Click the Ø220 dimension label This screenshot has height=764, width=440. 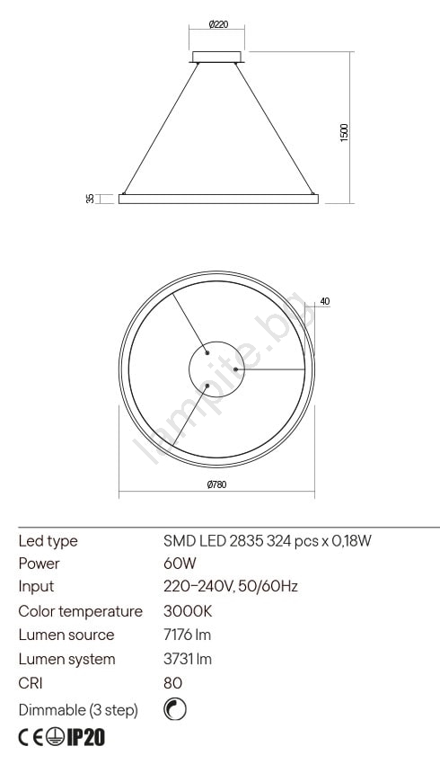[216, 25]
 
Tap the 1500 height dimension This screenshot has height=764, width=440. [344, 131]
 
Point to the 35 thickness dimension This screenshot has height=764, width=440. [90, 199]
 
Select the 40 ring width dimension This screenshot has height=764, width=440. [324, 301]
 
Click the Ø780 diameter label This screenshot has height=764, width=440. [216, 484]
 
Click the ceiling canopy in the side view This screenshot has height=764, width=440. [217, 58]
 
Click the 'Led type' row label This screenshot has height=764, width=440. [48, 541]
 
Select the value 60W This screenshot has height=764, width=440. [180, 564]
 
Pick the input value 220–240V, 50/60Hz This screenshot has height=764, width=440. [230, 586]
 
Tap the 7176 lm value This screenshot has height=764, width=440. [187, 635]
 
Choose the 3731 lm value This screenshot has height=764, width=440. [187, 659]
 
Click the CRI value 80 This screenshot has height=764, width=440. [172, 683]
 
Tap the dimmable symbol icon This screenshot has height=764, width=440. [174, 710]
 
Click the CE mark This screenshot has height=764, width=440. [31, 738]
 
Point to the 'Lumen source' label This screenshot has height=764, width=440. [66, 635]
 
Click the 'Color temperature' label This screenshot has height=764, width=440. [80, 611]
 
